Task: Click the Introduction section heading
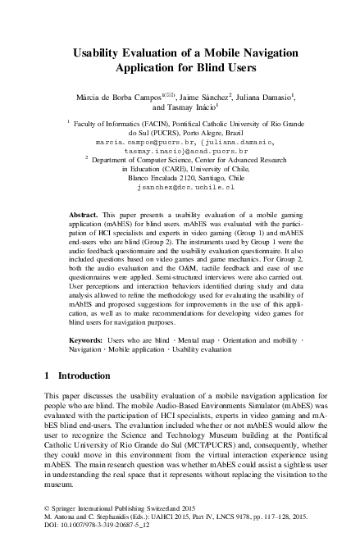coord(90,375)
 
